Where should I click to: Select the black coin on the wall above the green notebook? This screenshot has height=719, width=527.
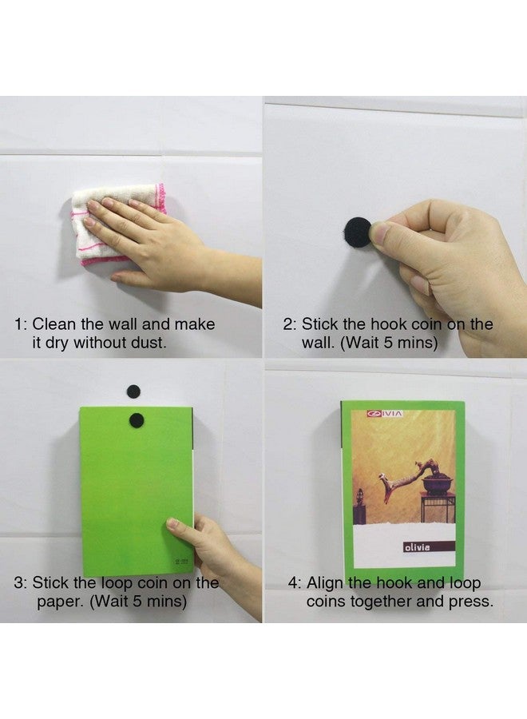point(133,391)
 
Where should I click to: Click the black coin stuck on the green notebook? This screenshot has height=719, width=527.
point(137,418)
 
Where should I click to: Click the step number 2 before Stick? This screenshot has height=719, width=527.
point(288,325)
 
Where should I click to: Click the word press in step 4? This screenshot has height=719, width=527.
point(470,601)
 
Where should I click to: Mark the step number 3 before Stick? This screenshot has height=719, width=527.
point(18,583)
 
